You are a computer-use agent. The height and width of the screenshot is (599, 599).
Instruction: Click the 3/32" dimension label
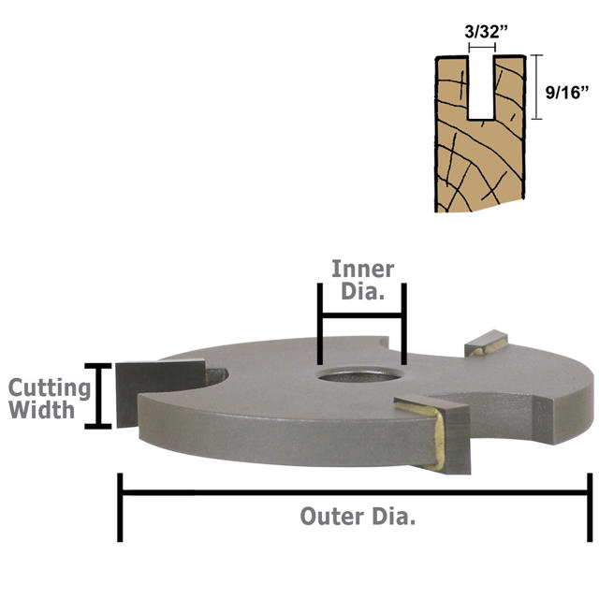click(x=487, y=31)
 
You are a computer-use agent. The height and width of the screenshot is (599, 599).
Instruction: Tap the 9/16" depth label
click(x=567, y=92)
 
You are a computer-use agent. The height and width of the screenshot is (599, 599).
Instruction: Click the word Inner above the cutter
click(x=362, y=269)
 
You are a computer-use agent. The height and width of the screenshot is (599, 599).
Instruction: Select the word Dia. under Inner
click(x=362, y=291)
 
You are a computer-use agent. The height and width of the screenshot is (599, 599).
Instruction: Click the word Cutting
click(x=50, y=389)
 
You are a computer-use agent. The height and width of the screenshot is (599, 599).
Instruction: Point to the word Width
click(x=41, y=410)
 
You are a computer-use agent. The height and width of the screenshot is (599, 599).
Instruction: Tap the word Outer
click(x=331, y=517)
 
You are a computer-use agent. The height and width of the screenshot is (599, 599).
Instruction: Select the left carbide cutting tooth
click(x=161, y=392)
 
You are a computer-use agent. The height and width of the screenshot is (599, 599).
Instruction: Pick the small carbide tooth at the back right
click(x=486, y=343)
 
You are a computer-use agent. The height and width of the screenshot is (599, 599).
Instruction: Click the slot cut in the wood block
click(x=481, y=88)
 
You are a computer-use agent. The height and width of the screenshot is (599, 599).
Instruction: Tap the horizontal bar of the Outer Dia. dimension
click(x=356, y=493)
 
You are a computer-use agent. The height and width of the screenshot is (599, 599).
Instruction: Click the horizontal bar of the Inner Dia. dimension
click(x=362, y=315)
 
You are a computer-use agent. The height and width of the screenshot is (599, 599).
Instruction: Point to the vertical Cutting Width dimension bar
click(x=98, y=396)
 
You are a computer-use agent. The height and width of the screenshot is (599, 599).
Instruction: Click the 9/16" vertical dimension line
click(x=536, y=87)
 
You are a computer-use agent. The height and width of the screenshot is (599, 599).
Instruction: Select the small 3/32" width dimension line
click(x=482, y=48)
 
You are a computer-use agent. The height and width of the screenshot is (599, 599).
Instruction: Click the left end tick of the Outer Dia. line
click(x=120, y=507)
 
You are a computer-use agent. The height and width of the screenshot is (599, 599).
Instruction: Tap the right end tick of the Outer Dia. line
click(x=590, y=507)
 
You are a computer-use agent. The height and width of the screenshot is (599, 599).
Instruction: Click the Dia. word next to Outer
click(x=394, y=517)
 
